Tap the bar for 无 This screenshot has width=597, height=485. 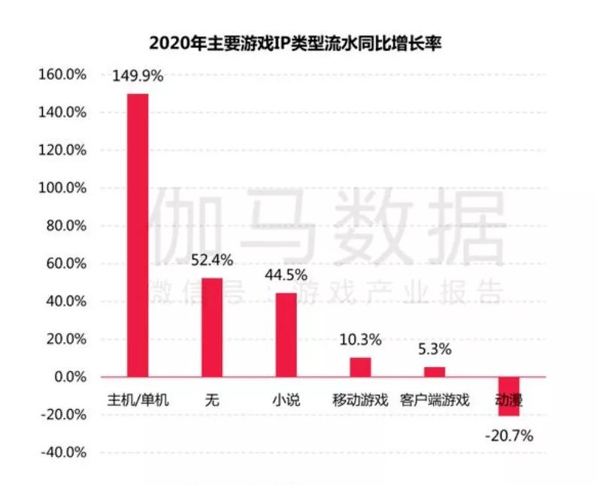pyautogui.click(x=212, y=327)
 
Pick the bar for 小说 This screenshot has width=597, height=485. pyautogui.click(x=286, y=335)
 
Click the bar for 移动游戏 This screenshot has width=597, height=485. pyautogui.click(x=360, y=367)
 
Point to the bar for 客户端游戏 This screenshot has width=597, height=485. pyautogui.click(x=435, y=371)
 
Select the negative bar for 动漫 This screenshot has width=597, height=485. pyautogui.click(x=509, y=396)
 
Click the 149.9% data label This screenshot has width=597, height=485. pyautogui.click(x=138, y=76)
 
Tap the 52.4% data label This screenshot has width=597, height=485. pyautogui.click(x=212, y=260)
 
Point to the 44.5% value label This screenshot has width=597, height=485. pyautogui.click(x=286, y=275)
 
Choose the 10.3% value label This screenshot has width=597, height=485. pyautogui.click(x=360, y=339)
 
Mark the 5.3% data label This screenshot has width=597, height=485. pyautogui.click(x=435, y=349)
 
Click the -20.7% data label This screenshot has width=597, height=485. pyautogui.click(x=509, y=434)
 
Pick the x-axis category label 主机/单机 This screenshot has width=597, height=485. pyautogui.click(x=138, y=400)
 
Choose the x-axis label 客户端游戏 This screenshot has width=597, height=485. pyautogui.click(x=435, y=400)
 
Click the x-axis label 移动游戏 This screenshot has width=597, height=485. pyautogui.click(x=360, y=400)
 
